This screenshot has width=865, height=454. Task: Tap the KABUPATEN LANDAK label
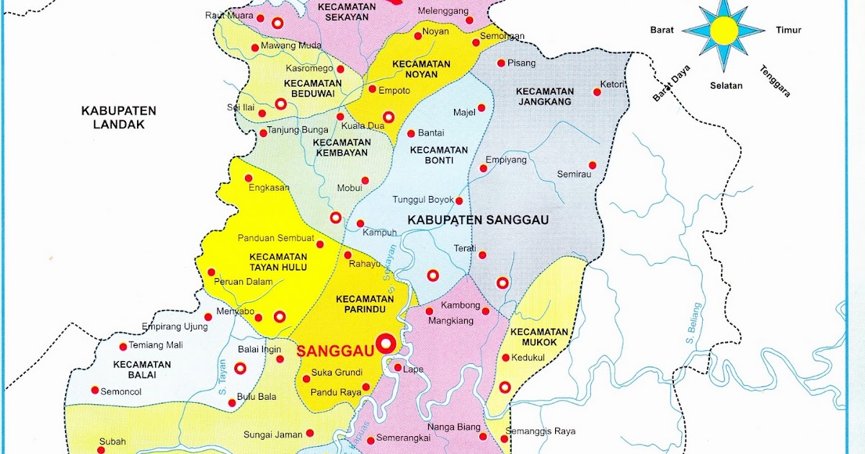point(119,117)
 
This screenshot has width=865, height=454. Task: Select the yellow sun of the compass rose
point(724,30)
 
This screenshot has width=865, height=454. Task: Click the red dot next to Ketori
point(597,92)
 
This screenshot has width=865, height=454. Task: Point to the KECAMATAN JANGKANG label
point(545,97)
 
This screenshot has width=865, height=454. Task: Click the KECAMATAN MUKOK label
point(533,337)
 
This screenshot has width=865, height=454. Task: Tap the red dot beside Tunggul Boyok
point(458,201)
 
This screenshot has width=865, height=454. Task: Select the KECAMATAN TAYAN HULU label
point(278,262)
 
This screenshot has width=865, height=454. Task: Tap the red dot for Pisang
point(500,63)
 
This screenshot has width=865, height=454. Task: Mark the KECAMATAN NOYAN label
point(421,70)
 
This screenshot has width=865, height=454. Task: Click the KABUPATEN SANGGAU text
point(477,220)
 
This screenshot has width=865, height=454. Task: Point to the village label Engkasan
point(268,188)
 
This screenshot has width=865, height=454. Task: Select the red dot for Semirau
point(593,165)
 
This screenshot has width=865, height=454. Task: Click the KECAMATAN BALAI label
point(142,370)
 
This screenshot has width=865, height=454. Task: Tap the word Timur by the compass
point(789,30)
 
